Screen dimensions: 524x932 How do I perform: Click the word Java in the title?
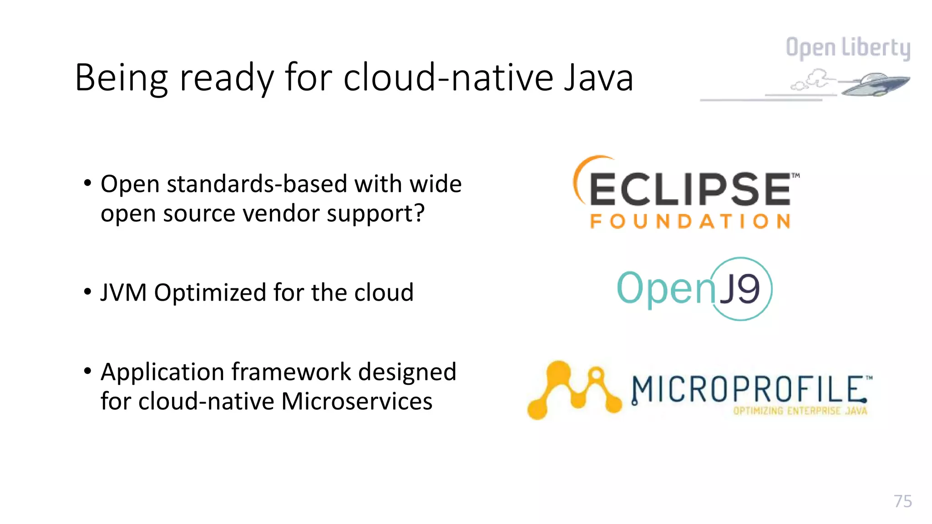click(x=598, y=78)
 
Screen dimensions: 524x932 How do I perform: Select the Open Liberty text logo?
click(x=848, y=48)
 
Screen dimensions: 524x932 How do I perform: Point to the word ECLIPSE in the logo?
click(x=689, y=189)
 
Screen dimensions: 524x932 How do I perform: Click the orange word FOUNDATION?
click(x=690, y=222)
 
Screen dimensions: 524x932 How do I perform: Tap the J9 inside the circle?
click(x=742, y=289)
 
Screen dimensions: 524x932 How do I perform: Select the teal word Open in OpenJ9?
click(x=665, y=288)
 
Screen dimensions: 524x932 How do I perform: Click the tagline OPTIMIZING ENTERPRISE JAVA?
click(x=800, y=411)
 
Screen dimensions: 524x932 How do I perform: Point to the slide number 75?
click(x=903, y=501)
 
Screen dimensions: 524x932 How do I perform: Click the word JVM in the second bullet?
click(x=123, y=292)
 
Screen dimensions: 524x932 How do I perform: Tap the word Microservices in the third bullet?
click(x=357, y=402)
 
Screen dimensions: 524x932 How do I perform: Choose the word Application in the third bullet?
click(x=162, y=372)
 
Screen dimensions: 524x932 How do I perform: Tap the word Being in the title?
click(x=121, y=78)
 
